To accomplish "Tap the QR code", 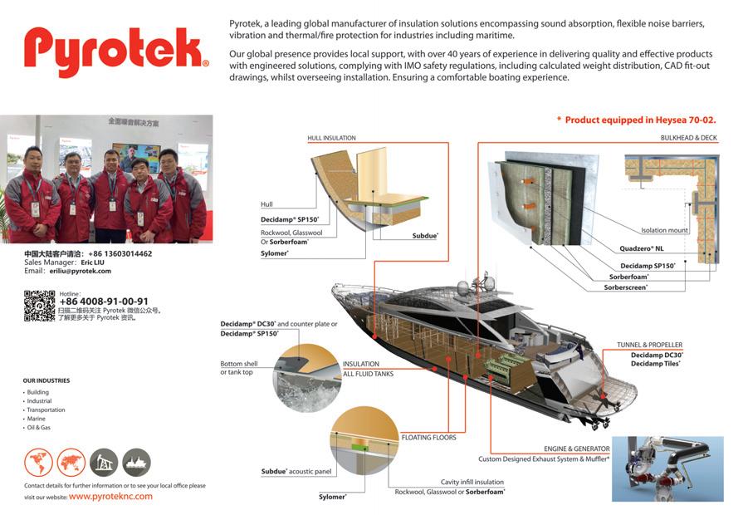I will [39, 306].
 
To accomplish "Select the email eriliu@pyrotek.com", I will [79, 271].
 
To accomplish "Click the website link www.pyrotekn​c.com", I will [110, 496].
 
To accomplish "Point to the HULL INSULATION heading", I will [331, 138].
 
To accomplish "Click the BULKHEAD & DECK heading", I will [688, 138].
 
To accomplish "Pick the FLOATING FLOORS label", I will [428, 437].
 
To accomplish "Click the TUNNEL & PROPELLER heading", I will [649, 345].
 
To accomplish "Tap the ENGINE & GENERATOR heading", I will [576, 449].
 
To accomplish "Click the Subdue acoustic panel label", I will [296, 472].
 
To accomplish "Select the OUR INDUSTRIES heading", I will [46, 380].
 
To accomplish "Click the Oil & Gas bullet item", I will [39, 428].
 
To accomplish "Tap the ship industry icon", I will [136, 462].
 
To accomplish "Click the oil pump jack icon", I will [104, 462].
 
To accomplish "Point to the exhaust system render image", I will [667, 468].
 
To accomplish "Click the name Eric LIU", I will [92, 262].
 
